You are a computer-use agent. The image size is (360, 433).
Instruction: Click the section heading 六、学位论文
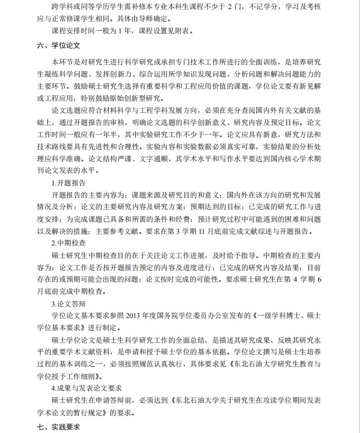pyautogui.click(x=59, y=45)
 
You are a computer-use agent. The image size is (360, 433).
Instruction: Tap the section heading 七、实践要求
pyautogui.click(x=59, y=426)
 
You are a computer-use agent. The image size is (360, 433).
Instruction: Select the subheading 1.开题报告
pyautogui.click(x=68, y=182)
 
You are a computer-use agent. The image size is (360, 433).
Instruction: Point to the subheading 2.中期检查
pyautogui.click(x=68, y=242)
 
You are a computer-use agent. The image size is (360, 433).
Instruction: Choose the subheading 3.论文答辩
pyautogui.click(x=68, y=303)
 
